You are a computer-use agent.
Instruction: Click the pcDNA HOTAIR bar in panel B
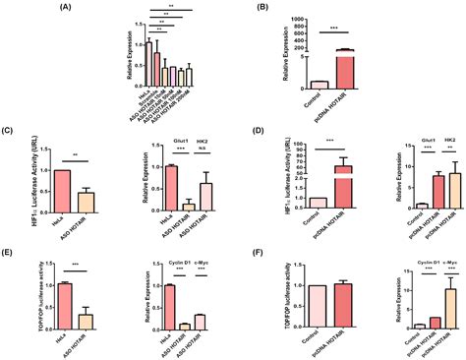372,69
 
